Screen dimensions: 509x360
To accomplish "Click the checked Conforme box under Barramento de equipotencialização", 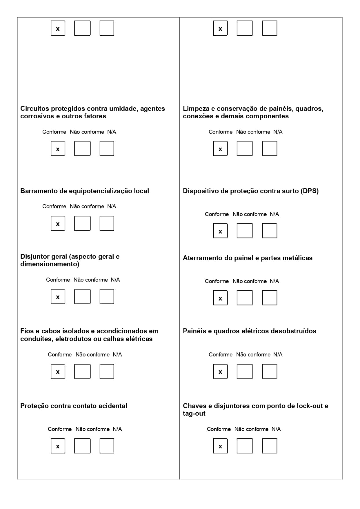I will point(58,223).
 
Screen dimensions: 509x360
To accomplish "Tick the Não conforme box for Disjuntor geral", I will point(82,296).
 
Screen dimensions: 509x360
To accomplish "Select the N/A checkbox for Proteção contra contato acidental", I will point(107,446).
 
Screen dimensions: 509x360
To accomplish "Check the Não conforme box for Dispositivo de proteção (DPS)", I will point(245,231).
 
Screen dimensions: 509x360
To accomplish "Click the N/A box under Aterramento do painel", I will point(270,298).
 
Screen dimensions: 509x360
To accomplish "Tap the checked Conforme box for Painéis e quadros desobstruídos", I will point(220,372).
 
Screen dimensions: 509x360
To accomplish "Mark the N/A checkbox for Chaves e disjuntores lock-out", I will point(270,446).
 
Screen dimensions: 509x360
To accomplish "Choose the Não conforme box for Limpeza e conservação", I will point(245,148).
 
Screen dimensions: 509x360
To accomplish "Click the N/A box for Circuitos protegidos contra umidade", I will point(107,148).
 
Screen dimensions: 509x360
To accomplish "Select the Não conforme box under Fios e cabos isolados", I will point(82,372).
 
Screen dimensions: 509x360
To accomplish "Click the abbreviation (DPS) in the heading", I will point(310,191).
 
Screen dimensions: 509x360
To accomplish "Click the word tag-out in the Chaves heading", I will point(194,413).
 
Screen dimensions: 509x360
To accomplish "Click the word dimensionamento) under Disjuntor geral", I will point(50,264).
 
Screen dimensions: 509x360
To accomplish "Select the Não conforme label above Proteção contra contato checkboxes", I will point(92,429).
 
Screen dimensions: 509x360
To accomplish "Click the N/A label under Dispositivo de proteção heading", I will point(274,214).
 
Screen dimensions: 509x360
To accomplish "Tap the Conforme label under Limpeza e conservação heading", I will point(220,132).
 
